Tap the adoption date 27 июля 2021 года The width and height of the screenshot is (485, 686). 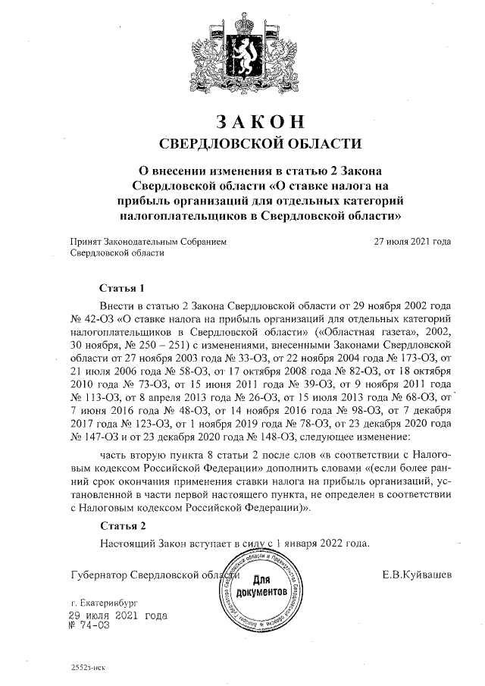point(413,242)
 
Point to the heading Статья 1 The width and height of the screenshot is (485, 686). point(121,289)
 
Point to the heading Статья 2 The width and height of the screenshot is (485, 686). point(121,525)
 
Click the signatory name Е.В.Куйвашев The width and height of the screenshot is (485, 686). point(418,575)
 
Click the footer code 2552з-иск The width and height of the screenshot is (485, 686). point(87,671)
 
